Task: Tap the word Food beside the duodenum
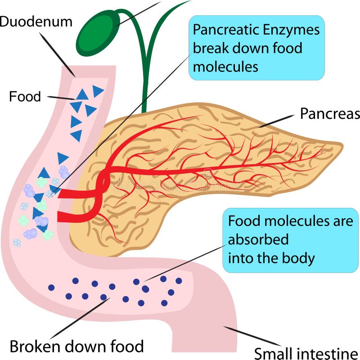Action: (25, 96)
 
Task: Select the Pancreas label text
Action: (330, 114)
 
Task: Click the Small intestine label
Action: (306, 352)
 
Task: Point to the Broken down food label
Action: (76, 346)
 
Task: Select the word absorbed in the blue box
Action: (258, 239)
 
